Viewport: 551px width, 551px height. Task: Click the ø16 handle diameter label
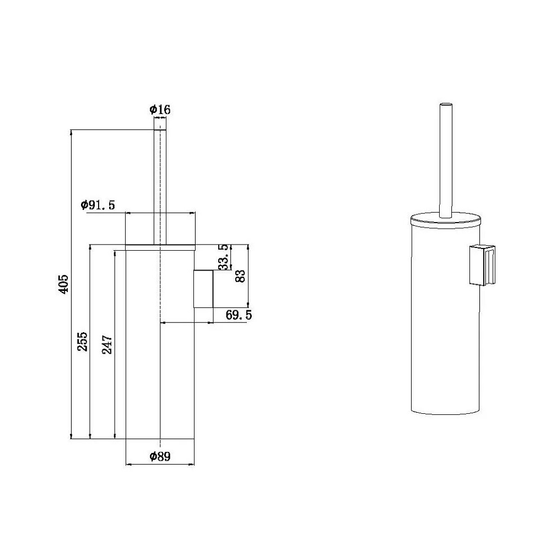[160, 110]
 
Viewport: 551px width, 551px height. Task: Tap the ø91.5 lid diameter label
[98, 205]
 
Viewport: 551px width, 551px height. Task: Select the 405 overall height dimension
[63, 284]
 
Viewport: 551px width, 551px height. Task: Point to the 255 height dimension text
[83, 341]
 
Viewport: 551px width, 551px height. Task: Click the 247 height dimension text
[107, 344]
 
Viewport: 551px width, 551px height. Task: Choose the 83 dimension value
[240, 276]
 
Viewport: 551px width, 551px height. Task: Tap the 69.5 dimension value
[239, 315]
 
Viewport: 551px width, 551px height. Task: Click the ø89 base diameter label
[160, 456]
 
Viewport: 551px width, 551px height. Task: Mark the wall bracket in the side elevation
[203, 289]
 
